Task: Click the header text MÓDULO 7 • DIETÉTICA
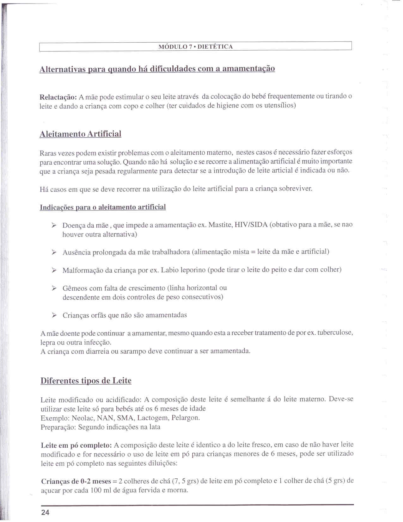coord(195,47)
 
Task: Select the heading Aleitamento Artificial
coord(80,134)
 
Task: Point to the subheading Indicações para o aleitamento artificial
coord(103,207)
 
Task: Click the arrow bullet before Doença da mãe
coord(54,225)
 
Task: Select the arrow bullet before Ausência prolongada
coord(54,252)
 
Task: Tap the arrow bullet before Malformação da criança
coord(54,270)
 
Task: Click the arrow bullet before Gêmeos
coord(54,288)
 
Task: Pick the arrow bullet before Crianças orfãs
coord(54,315)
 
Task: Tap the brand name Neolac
coord(83,418)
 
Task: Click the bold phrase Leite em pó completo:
coord(76,445)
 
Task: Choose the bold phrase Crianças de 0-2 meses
coord(76,482)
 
